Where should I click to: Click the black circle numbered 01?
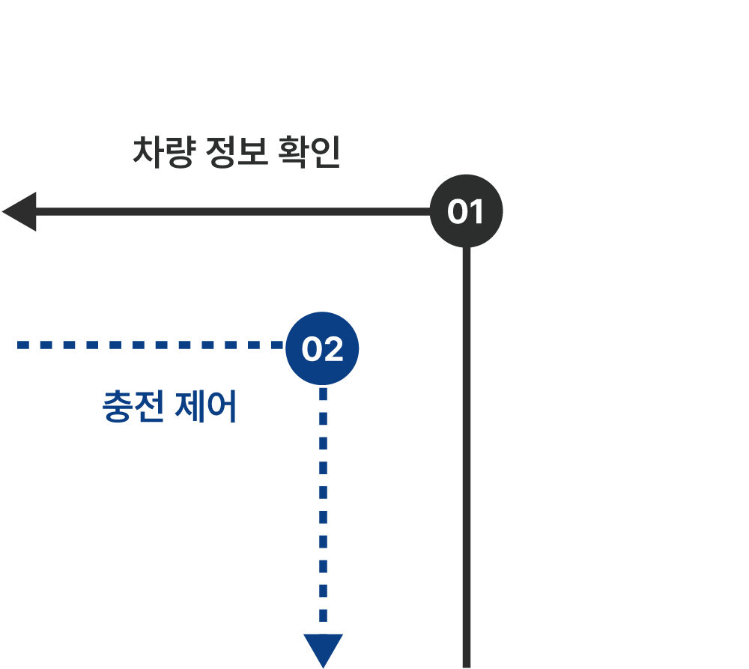click(x=466, y=211)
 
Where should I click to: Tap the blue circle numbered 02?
click(x=322, y=348)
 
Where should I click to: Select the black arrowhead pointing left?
click(x=19, y=212)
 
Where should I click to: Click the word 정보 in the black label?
click(x=237, y=152)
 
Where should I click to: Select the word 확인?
click(x=309, y=152)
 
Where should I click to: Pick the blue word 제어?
click(x=205, y=406)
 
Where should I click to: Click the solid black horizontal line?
click(x=233, y=212)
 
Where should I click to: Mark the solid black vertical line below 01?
click(x=466, y=457)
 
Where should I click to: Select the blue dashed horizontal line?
click(x=151, y=345)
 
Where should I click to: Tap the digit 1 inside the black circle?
click(x=476, y=212)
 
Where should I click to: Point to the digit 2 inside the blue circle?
click(x=333, y=349)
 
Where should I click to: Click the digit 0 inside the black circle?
click(x=457, y=212)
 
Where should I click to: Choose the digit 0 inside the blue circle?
click(x=312, y=349)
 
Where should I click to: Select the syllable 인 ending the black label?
click(x=325, y=152)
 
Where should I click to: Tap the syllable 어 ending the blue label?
click(x=222, y=406)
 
